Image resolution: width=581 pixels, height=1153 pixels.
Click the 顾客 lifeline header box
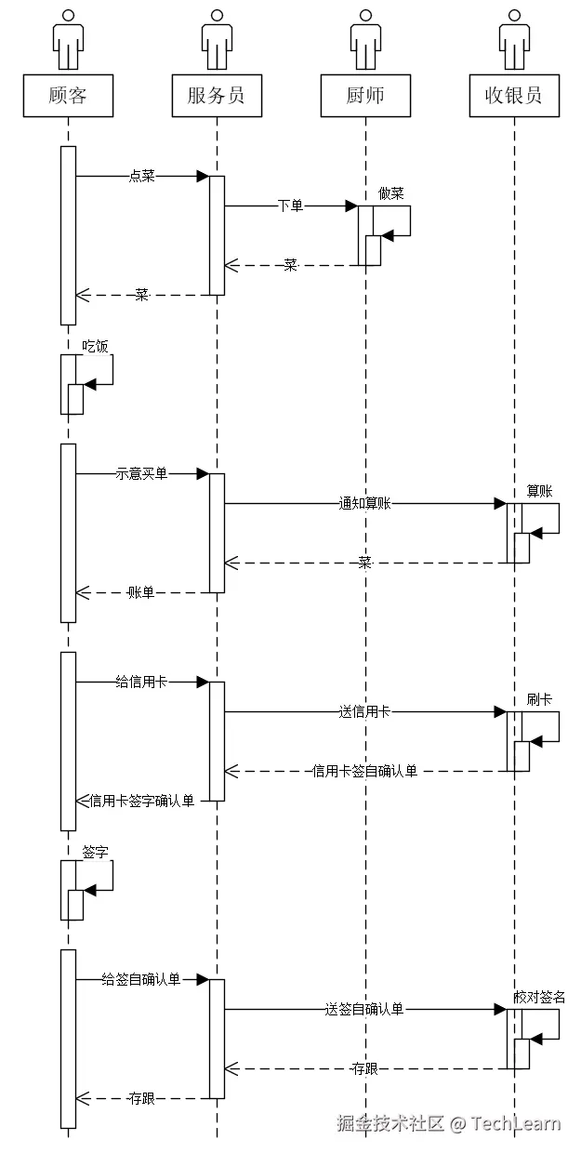68,96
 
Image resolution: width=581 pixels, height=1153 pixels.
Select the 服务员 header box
217,96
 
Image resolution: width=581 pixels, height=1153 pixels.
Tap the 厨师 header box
365,96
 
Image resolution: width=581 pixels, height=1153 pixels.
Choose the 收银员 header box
514,96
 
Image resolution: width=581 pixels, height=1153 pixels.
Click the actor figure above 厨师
365,40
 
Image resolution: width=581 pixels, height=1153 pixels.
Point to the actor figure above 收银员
514,40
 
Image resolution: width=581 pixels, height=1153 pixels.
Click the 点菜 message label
141,176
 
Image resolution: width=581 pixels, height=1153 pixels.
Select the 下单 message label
290,205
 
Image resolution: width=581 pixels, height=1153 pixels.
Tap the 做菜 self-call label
391,193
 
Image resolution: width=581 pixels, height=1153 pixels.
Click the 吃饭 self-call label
95,346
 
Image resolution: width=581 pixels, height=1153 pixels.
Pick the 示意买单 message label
141,473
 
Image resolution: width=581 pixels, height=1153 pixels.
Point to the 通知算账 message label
364,503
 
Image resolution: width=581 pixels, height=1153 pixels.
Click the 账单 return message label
141,592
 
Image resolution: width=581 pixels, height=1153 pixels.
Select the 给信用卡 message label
141,682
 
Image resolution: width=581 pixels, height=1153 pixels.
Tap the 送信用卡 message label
364,712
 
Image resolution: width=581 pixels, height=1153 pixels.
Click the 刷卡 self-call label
539,699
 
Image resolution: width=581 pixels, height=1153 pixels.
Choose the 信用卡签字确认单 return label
142,801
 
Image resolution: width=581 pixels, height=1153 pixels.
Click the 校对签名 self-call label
539,997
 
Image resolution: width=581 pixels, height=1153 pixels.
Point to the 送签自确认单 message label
364,1010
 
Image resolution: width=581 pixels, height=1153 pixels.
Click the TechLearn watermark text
516,1122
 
